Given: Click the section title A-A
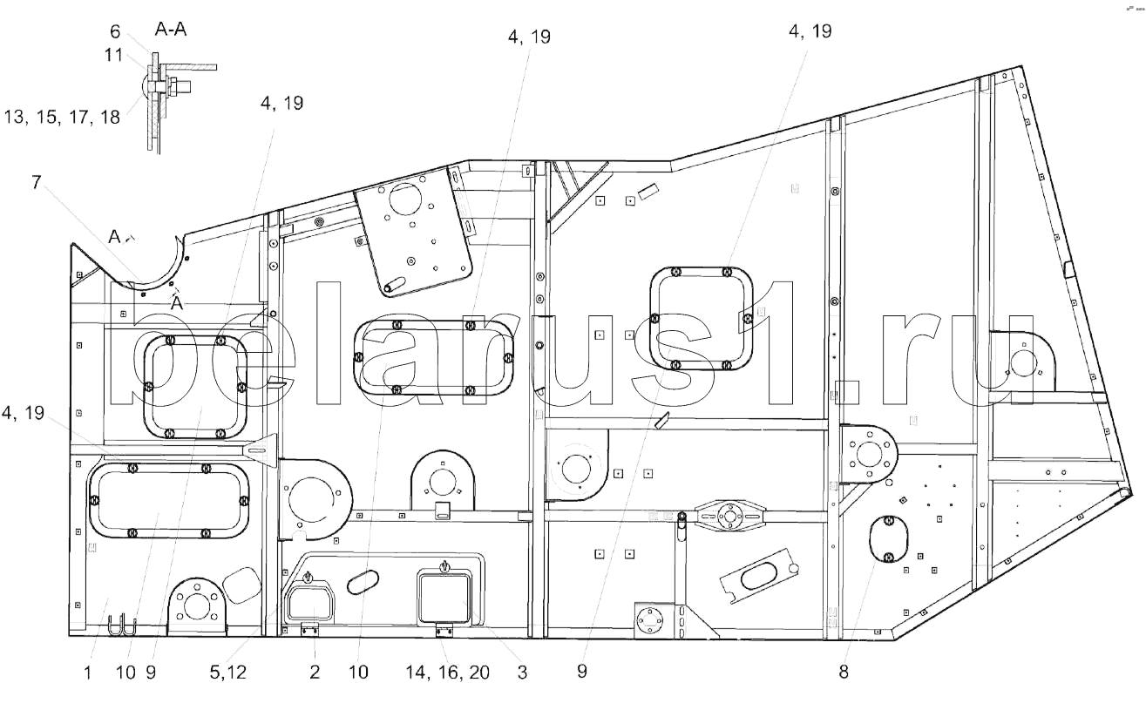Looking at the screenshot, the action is click(x=170, y=29).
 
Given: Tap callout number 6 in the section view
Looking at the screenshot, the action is click(x=115, y=31).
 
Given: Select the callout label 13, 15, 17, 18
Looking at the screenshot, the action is click(x=62, y=117).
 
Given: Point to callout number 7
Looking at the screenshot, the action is click(x=37, y=182).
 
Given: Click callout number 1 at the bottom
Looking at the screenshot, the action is click(x=87, y=673).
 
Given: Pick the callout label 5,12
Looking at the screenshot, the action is click(x=228, y=673).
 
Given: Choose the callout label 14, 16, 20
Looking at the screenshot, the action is click(x=448, y=673).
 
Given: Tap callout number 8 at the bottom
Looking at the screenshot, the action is click(x=844, y=672).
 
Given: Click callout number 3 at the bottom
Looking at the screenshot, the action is click(x=522, y=673).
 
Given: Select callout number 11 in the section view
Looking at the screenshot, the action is click(x=113, y=55).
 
